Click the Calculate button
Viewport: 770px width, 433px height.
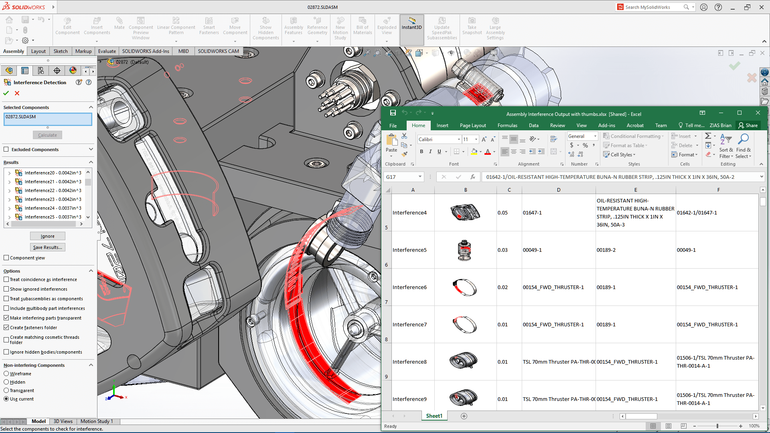[x=47, y=135]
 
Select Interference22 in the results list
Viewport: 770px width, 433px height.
[x=53, y=190]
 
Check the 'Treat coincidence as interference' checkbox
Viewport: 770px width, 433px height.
[x=6, y=279]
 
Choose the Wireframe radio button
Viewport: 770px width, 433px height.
[x=6, y=374]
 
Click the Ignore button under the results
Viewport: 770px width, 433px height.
[x=47, y=236]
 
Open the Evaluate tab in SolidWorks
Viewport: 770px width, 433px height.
[x=107, y=51]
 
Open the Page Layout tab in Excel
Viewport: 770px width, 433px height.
[x=472, y=125]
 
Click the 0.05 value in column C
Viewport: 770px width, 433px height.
[x=503, y=212]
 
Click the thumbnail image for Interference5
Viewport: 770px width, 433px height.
[x=464, y=250]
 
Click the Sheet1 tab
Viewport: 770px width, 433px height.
[x=434, y=416]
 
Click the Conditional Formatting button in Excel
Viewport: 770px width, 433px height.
[x=634, y=136]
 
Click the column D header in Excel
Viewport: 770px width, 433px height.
[x=558, y=190]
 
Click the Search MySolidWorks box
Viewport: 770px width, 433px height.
[x=652, y=7]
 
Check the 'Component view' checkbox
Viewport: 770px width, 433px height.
[x=6, y=258]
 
